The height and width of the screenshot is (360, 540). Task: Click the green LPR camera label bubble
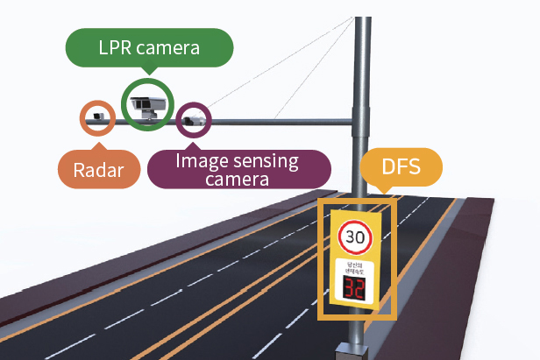(x=150, y=48)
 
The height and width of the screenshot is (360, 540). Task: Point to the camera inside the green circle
(x=146, y=106)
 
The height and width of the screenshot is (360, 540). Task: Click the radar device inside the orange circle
(x=97, y=116)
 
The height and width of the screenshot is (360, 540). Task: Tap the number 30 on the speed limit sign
(x=355, y=236)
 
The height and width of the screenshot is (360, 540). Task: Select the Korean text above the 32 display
(x=355, y=267)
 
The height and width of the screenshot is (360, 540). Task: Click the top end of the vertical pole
(x=359, y=19)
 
